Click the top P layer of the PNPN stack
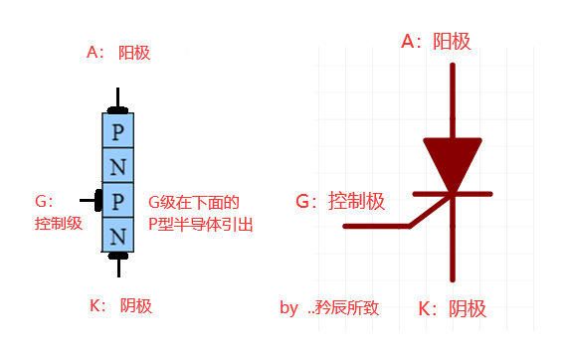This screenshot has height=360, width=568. coord(117,130)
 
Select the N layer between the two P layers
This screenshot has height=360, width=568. coord(117,166)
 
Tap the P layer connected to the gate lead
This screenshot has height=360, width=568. coord(117,201)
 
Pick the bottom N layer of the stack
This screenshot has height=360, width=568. coord(117,236)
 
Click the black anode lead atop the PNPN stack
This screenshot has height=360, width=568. coord(117,100)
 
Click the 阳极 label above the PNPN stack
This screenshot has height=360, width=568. coord(133,52)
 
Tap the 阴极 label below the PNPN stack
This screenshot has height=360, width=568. coord(135,305)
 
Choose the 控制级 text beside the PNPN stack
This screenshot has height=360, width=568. coord(58,224)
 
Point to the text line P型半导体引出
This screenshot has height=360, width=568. coord(200,225)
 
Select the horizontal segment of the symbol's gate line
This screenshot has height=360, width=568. coord(376,227)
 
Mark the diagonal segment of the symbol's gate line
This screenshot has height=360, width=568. coord(430,211)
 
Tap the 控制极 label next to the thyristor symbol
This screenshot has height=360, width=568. coord(355,201)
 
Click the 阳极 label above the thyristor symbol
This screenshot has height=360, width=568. coord(452,41)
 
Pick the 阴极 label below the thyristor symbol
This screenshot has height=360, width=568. coord(467,308)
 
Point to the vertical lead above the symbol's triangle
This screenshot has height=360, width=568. coord(454,99)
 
